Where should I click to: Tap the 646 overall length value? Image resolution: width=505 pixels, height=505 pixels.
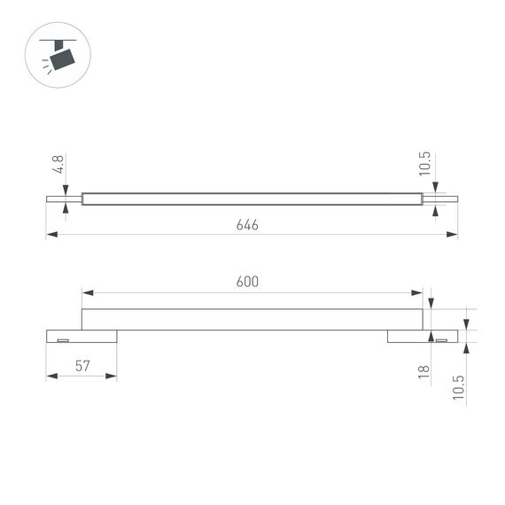(247, 225)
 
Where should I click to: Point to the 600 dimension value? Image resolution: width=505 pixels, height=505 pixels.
(247, 282)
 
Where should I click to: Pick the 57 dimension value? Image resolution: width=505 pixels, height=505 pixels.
(81, 366)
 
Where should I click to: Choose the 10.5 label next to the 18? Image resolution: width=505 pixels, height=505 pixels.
(457, 387)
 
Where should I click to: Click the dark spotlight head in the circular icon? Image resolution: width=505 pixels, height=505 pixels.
(62, 58)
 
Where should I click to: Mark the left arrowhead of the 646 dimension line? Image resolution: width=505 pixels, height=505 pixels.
(51, 235)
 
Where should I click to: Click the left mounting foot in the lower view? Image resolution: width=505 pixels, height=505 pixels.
(81, 336)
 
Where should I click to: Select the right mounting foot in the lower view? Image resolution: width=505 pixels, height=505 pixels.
(422, 336)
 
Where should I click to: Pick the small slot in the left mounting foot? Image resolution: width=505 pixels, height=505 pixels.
(63, 338)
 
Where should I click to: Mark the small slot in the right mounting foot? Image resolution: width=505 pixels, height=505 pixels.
(440, 338)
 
